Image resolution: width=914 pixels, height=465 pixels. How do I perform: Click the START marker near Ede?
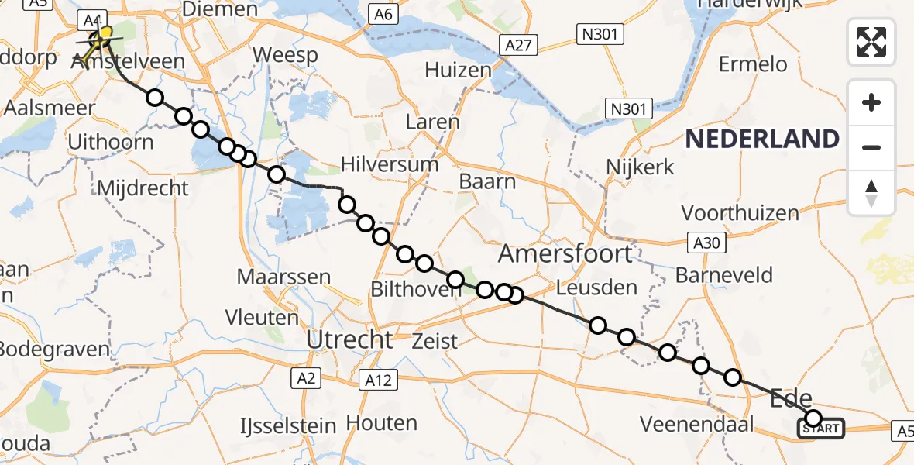tap(821, 428)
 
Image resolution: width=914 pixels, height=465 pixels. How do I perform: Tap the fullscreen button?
tap(871, 41)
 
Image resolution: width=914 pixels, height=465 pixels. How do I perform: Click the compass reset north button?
tap(871, 193)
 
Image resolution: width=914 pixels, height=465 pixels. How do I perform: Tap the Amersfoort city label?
tap(565, 253)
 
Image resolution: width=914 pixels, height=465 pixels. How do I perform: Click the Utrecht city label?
tap(349, 339)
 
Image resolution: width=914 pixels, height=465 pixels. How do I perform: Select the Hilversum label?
tap(390, 164)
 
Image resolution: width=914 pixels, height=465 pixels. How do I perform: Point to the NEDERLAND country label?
tap(762, 139)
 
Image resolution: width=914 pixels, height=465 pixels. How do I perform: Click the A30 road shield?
tap(706, 243)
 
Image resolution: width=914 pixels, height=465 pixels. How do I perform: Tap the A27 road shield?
tap(517, 45)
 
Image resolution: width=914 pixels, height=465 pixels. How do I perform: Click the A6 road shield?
tap(383, 14)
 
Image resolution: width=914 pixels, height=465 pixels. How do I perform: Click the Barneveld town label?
tap(724, 275)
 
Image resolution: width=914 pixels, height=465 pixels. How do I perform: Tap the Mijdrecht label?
tap(143, 188)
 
